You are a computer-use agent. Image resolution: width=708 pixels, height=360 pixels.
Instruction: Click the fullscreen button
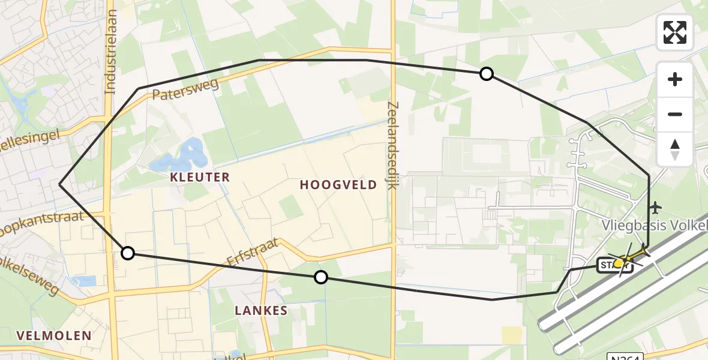click(x=675, y=32)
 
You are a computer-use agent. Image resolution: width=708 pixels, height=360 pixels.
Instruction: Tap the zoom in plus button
click(x=675, y=79)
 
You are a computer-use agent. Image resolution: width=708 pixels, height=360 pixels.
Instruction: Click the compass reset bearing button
click(x=675, y=149)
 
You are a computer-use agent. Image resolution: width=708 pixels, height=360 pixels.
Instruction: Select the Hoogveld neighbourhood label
click(x=338, y=185)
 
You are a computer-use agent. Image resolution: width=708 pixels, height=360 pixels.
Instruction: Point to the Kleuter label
click(x=200, y=177)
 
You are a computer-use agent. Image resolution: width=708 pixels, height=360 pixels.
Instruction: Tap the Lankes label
click(x=261, y=311)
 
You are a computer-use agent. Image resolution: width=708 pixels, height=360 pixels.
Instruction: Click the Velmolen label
click(x=54, y=335)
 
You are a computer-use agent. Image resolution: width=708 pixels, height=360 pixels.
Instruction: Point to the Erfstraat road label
click(x=253, y=253)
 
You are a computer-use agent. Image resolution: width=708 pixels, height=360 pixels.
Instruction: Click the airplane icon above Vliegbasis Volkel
click(x=655, y=208)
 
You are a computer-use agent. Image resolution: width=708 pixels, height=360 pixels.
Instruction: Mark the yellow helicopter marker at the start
click(x=619, y=263)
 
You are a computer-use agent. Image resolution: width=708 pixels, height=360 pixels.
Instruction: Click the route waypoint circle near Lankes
click(x=321, y=277)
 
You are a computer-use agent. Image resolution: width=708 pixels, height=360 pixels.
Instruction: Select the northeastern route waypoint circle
click(x=487, y=74)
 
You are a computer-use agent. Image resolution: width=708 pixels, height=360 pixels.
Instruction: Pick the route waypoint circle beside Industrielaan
click(x=128, y=253)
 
